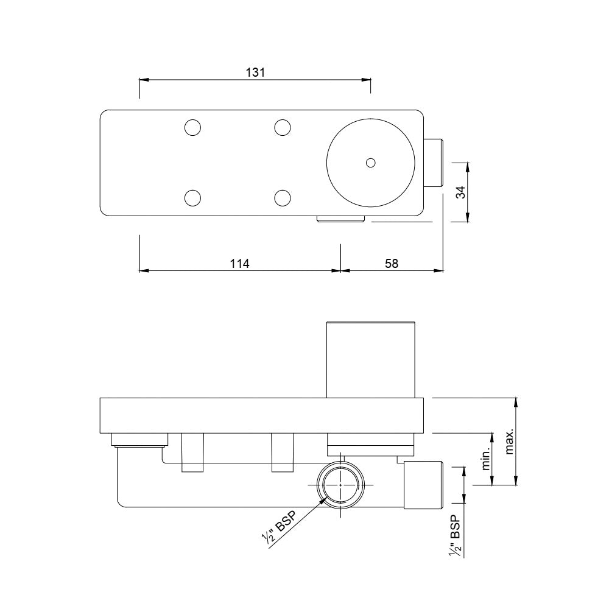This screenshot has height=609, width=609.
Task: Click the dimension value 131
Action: coord(255,72)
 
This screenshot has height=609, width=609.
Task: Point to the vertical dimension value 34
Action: coord(461,192)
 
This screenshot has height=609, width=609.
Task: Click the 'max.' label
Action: coord(510,442)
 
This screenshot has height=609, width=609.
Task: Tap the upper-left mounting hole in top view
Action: coord(192,127)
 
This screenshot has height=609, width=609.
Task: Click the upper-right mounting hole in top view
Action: coord(281,127)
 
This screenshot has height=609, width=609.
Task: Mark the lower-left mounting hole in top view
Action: coord(192,198)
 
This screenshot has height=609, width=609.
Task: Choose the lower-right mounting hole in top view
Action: coord(281,198)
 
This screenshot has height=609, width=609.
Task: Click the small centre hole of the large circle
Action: coord(370,163)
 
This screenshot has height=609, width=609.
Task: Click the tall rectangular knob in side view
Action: coord(371,359)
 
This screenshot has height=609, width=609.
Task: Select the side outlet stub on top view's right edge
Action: coord(433,163)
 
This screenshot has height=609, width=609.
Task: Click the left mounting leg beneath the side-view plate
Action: coord(192,452)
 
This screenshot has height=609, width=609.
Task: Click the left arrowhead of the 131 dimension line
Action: coord(144,79)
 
